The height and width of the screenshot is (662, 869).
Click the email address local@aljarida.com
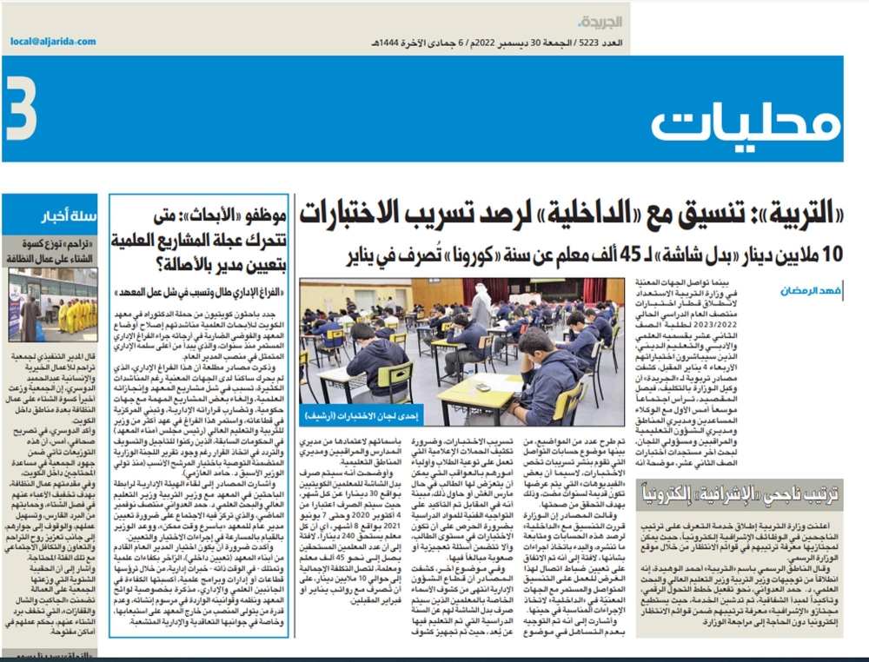pyautogui.click(x=54, y=42)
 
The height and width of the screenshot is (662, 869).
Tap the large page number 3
pyautogui.click(x=22, y=109)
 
